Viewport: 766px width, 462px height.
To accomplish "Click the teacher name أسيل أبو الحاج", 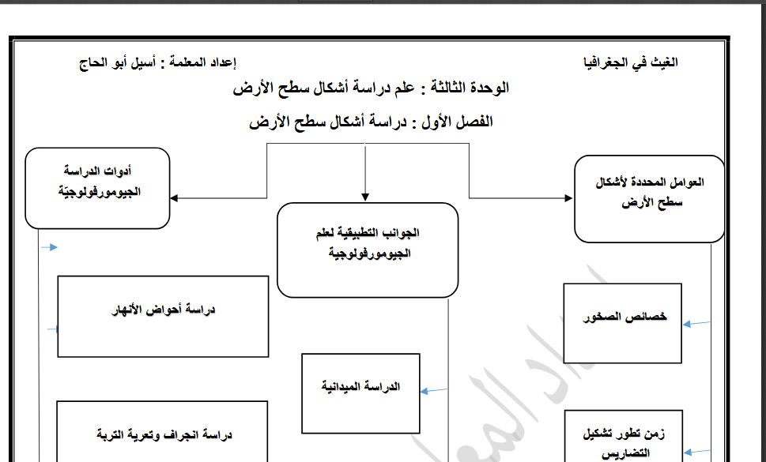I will click(x=119, y=62).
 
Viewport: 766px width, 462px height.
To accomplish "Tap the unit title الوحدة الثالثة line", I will click(x=371, y=88).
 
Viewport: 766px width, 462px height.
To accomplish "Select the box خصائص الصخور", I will click(x=622, y=322).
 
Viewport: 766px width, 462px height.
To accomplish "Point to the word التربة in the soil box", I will click(x=112, y=435).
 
